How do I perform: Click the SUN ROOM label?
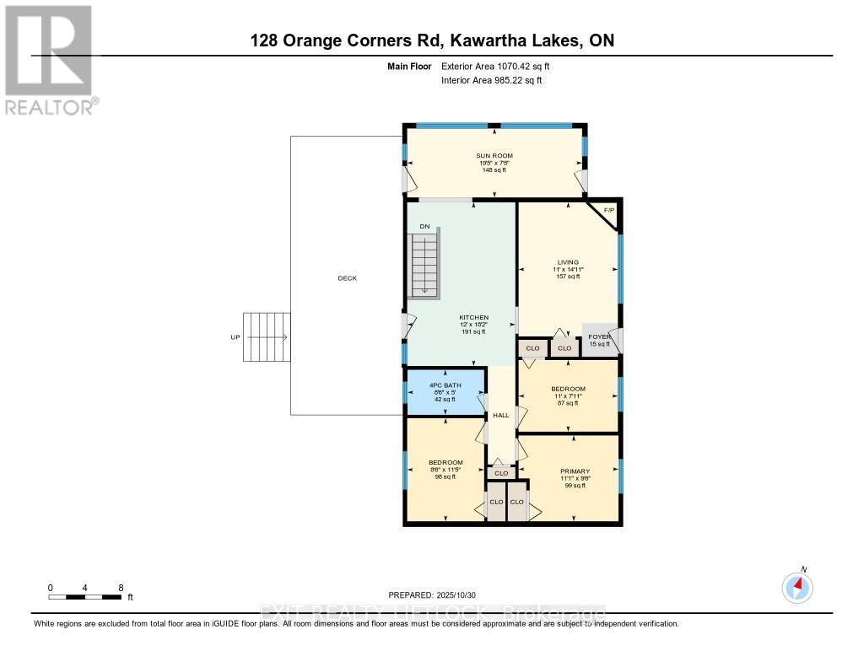(x=494, y=156)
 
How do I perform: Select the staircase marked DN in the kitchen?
(x=424, y=265)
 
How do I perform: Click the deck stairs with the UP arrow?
(x=267, y=337)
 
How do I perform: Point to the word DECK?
(x=347, y=278)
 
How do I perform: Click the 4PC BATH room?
(x=445, y=392)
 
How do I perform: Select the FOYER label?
(x=599, y=336)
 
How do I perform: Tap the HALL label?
(x=500, y=416)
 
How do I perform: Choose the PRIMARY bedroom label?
(x=575, y=471)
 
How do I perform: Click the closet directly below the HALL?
(x=501, y=473)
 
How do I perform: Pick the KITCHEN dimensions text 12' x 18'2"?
(x=473, y=325)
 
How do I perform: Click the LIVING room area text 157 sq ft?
(x=566, y=277)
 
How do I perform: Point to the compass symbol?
(x=797, y=587)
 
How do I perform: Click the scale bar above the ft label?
(x=85, y=597)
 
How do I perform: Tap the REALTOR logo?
(x=49, y=59)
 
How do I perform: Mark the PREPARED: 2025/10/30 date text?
(x=431, y=594)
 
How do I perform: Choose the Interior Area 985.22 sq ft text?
(x=492, y=80)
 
